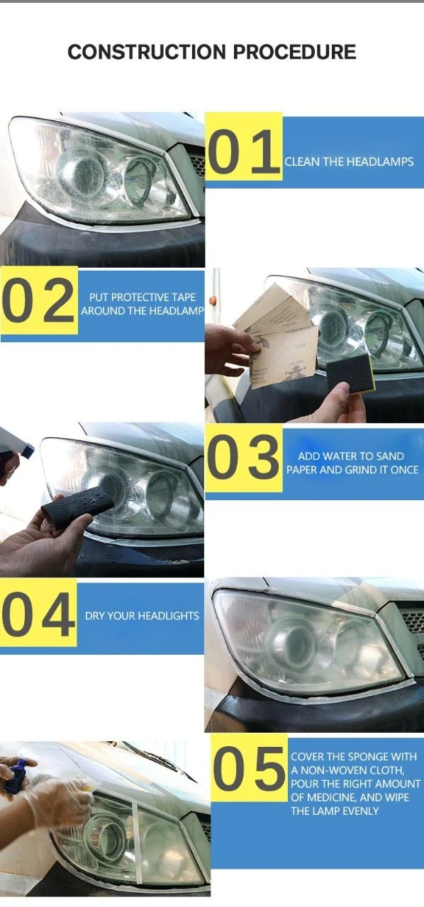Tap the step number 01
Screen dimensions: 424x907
(243, 151)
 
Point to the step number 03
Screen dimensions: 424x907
(243, 457)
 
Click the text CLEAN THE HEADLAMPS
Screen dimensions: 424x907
(349, 162)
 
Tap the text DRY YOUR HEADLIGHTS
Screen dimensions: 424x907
(142, 616)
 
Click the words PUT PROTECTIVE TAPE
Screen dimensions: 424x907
(143, 297)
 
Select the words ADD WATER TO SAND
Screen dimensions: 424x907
(351, 456)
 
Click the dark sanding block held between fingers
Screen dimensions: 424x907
(346, 373)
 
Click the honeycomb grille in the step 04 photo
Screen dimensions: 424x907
(413, 620)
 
